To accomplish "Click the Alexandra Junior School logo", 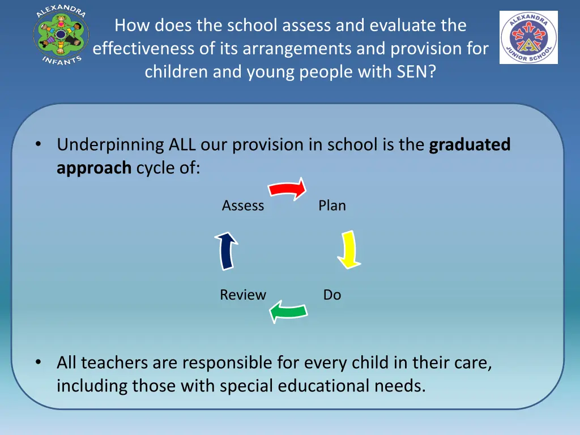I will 528,37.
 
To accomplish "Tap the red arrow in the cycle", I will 287,189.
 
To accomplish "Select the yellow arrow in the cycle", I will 348,249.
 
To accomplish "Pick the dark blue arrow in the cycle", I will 227,250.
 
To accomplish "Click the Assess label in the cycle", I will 243,206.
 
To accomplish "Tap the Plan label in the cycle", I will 332,206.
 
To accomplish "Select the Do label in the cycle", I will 332,295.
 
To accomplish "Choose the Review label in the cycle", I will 243,295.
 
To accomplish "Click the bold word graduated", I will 470,145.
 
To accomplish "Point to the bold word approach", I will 94,168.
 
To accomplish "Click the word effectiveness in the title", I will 144,49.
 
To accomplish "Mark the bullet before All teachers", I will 37,362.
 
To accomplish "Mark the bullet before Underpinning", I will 37,144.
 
